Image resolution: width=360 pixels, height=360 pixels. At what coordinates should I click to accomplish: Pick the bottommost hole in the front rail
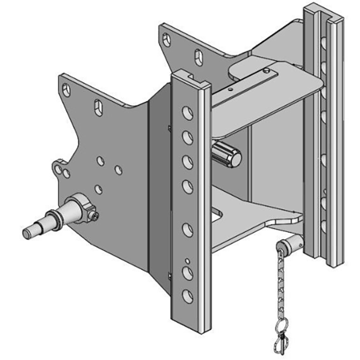[x=187, y=295]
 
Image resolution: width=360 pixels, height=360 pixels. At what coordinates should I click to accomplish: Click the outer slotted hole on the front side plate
[x=67, y=90]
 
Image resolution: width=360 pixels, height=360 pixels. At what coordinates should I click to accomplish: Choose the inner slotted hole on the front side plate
[x=99, y=108]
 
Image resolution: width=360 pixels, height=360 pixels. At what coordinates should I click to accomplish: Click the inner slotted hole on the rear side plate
[x=198, y=57]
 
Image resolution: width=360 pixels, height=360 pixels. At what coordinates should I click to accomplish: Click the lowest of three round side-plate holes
[x=99, y=189]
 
